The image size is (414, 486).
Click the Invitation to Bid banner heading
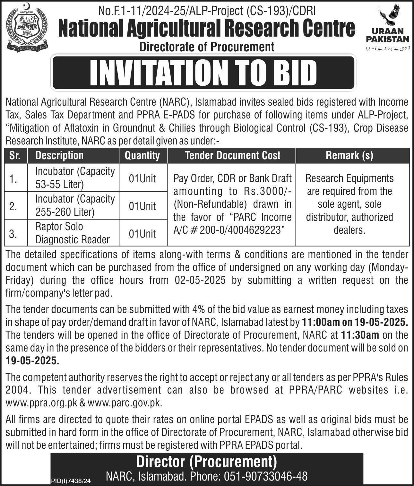(x=203, y=73)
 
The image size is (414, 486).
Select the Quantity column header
(x=142, y=156)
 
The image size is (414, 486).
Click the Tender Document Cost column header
(x=233, y=156)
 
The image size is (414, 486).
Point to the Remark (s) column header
(x=349, y=156)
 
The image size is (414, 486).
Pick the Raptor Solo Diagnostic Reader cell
(x=73, y=233)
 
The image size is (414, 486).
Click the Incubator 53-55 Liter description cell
(x=75, y=178)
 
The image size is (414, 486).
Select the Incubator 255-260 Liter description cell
(x=75, y=205)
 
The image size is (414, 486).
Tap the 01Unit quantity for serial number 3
(x=142, y=234)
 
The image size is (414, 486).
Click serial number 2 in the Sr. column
(x=13, y=206)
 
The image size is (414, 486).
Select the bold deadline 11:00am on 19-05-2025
(x=354, y=322)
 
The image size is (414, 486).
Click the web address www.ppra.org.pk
(x=41, y=403)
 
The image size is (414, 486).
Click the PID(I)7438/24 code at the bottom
(x=71, y=481)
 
